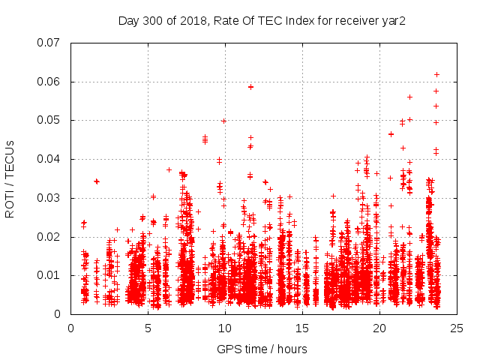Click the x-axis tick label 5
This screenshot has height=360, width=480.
pyautogui.click(x=148, y=328)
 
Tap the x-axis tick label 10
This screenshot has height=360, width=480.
pyautogui.click(x=225, y=328)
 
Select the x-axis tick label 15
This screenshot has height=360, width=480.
pyautogui.click(x=302, y=328)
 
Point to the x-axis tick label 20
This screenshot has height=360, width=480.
pyautogui.click(x=379, y=328)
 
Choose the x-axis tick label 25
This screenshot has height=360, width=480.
pyautogui.click(x=457, y=328)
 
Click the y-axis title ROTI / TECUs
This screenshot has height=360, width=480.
pyautogui.click(x=10, y=178)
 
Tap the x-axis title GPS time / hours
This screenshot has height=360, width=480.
pyautogui.click(x=262, y=349)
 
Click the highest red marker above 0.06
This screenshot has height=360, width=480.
pyautogui.click(x=436, y=74)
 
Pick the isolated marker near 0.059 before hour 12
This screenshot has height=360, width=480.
pyautogui.click(x=250, y=87)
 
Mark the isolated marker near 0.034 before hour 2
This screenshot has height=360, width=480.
pyautogui.click(x=96, y=181)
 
